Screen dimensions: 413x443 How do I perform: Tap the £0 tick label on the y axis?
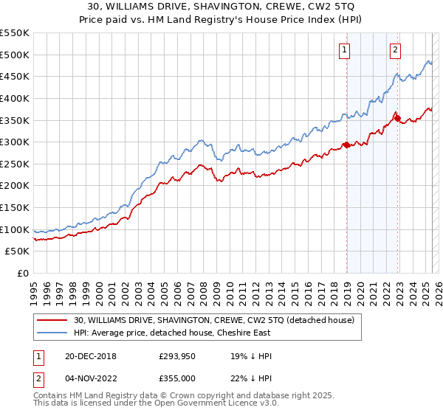coord(23,273)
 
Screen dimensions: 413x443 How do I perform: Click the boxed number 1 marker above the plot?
coord(345,50)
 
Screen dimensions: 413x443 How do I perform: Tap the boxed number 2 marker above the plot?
coord(396,50)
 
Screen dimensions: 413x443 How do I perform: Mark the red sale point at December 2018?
coord(346,145)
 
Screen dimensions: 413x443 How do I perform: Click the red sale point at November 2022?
coord(397,118)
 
